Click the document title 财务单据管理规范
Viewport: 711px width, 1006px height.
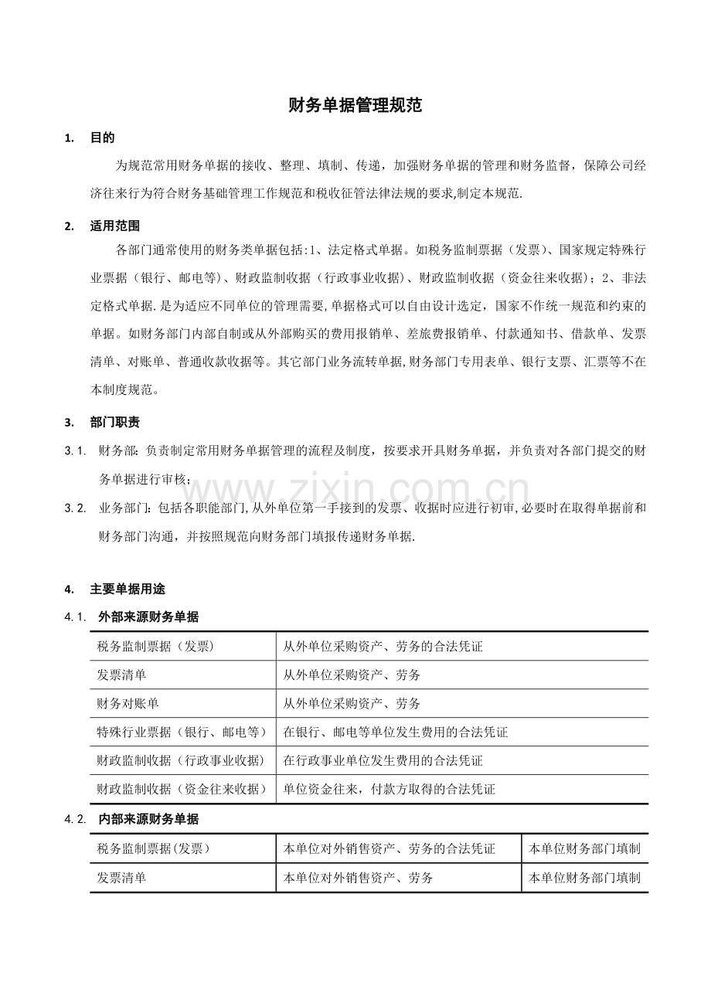coord(355,106)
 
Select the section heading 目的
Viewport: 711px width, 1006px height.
coord(102,138)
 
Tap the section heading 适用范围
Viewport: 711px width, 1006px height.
coord(114,226)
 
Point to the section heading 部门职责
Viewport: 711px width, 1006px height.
coord(114,423)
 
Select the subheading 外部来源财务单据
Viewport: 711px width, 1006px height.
coord(148,617)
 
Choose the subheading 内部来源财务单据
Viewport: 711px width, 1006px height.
coord(148,819)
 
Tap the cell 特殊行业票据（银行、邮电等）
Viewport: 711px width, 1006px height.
coord(182,732)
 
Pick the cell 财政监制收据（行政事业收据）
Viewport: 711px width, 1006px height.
coord(182,761)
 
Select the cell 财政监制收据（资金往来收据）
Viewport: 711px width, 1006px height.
coord(182,790)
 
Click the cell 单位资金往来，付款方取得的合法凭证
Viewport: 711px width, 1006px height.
coord(389,790)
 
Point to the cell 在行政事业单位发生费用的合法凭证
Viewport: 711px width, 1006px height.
coord(383,761)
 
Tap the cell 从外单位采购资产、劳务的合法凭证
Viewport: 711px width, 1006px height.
coord(383,647)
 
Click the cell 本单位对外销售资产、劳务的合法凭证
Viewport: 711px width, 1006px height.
coord(390,849)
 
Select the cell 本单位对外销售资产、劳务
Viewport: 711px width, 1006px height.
coord(358,878)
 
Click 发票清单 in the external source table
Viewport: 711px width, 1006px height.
coord(121,675)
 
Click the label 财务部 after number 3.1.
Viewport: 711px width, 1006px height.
coord(118,450)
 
